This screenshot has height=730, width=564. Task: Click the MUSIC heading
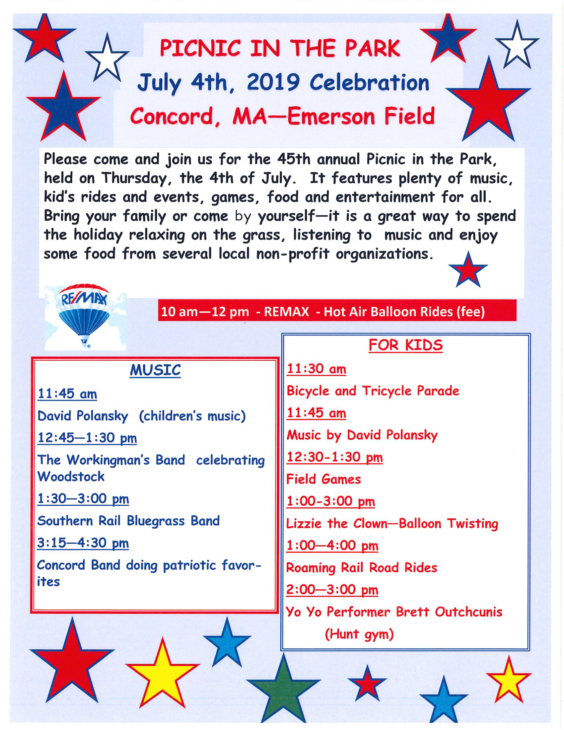155,370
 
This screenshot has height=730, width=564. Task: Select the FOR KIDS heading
406,345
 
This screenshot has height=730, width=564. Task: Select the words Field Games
323,480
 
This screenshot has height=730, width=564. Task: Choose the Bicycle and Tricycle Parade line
373,391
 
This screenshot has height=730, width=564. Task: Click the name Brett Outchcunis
449,612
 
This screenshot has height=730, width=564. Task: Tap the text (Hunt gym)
359,634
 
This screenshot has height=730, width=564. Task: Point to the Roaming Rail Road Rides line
362,568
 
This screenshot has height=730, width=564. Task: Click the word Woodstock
71,476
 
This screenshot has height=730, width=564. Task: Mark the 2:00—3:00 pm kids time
332,590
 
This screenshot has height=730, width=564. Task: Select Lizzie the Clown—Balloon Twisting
392,524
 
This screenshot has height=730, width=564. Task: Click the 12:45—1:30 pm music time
87,438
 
